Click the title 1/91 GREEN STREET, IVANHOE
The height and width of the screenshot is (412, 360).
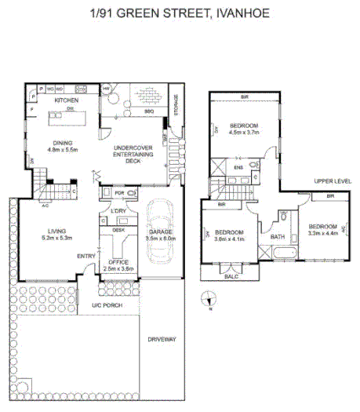[x=180, y=14]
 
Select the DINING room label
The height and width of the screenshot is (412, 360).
[x=64, y=142]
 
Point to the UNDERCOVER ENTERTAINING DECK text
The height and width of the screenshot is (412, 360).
[x=131, y=154]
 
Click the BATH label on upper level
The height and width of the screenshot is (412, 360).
[x=277, y=236]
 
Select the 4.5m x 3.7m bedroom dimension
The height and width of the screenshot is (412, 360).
[x=243, y=133]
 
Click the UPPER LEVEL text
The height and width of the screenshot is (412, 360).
[x=333, y=181]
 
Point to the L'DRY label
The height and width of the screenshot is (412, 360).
[x=118, y=212]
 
